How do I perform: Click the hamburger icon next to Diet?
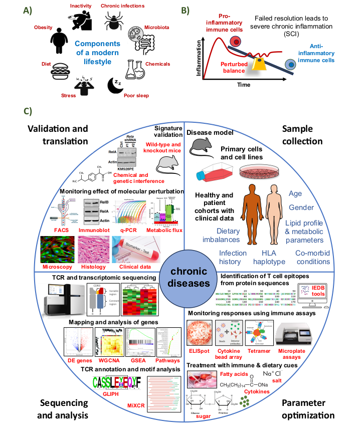pos(59,74)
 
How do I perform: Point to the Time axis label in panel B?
pos(244,85)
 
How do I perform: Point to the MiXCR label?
pos(148,418)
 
